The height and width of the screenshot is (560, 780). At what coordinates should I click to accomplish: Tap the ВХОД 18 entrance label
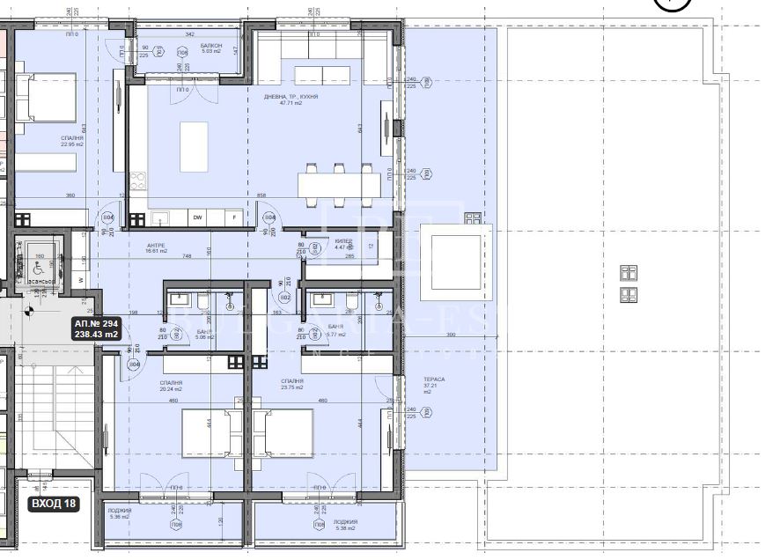(x=55, y=505)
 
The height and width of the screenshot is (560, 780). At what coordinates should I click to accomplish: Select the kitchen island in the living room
(x=194, y=147)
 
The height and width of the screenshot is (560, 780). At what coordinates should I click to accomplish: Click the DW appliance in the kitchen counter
(x=198, y=217)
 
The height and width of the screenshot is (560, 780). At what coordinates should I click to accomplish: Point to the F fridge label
(x=233, y=217)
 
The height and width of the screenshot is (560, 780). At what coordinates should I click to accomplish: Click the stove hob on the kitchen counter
(x=137, y=182)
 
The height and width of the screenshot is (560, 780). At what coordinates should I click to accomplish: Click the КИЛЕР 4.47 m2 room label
(x=344, y=243)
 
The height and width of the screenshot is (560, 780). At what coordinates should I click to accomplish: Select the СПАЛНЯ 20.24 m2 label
(x=172, y=386)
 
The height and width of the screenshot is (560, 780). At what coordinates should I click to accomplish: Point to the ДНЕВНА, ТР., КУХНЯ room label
(x=291, y=99)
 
